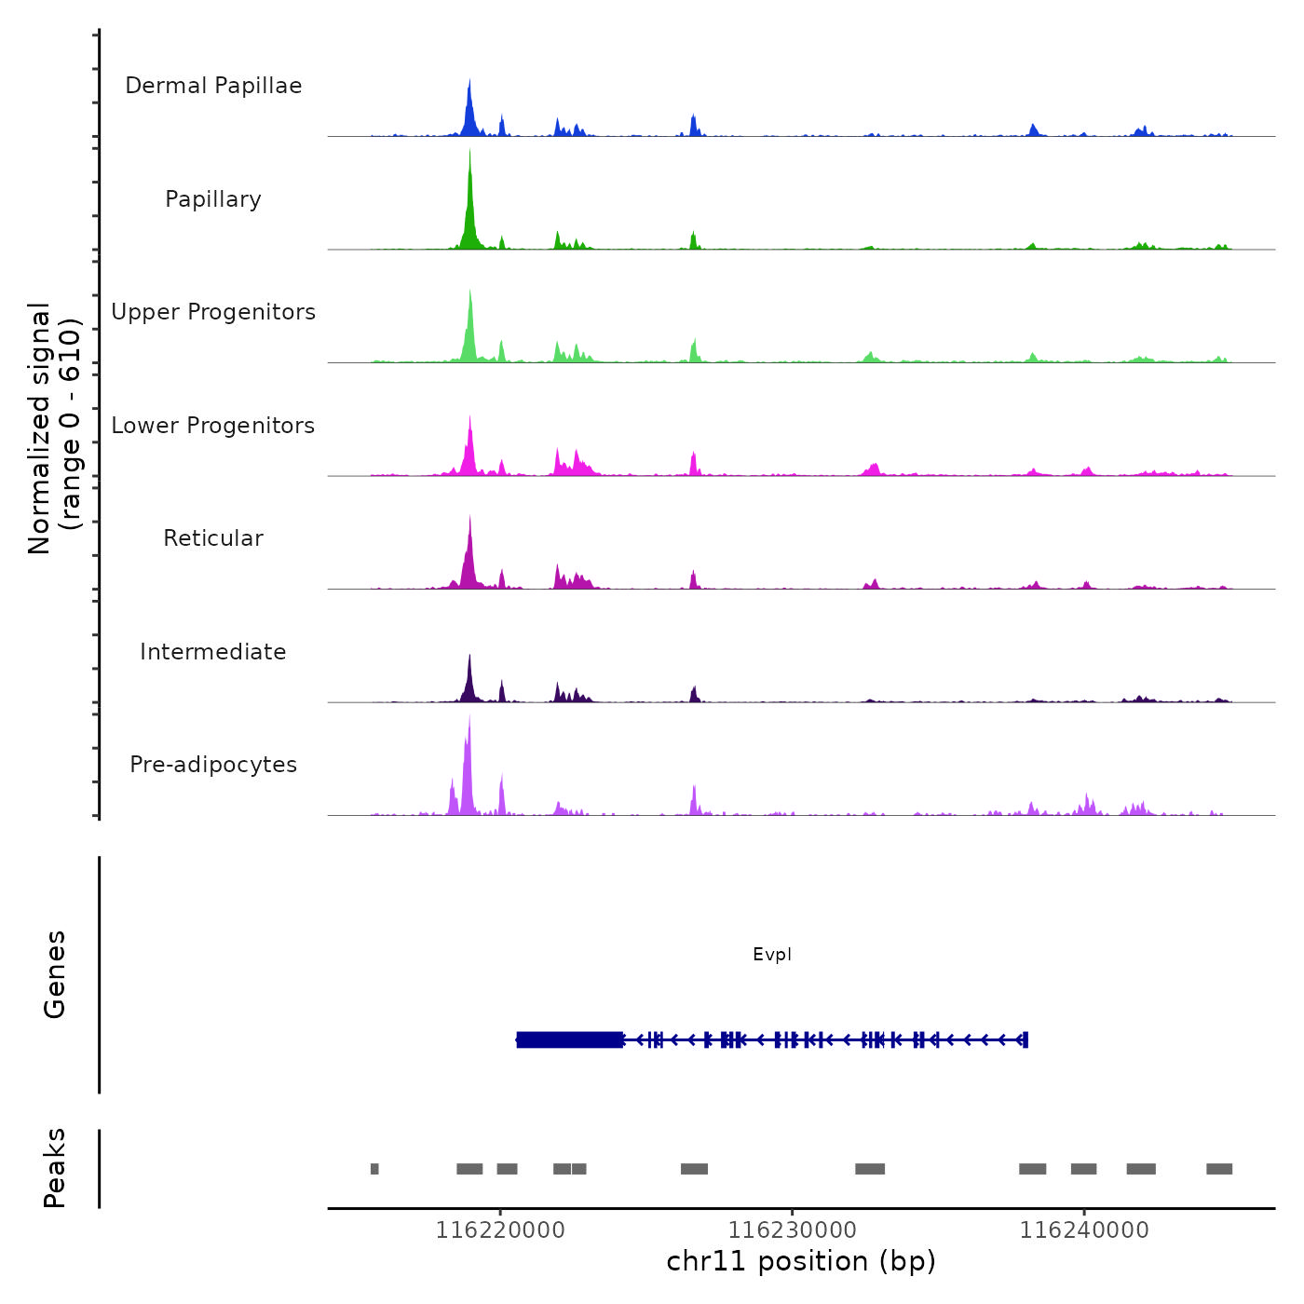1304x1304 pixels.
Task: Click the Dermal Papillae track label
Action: (213, 86)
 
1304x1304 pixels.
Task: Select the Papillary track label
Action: (213, 199)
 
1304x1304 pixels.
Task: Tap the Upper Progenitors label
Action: (213, 312)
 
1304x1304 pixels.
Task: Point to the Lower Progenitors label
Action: (213, 426)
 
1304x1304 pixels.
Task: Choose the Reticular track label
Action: (213, 538)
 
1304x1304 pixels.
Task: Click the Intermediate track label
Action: (213, 652)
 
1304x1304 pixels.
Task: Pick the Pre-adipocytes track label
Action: (213, 765)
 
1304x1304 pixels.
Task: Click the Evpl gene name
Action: (772, 955)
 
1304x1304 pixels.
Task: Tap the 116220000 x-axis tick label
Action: (500, 1230)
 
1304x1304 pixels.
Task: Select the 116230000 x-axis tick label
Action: (792, 1230)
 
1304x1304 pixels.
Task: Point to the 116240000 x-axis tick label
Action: (1084, 1230)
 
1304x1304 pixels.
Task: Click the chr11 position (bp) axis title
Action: (801, 1261)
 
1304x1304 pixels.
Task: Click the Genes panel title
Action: (55, 974)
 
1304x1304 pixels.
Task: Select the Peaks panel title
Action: (55, 1168)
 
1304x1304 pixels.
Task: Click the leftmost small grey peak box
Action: (374, 1169)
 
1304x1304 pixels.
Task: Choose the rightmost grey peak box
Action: (1219, 1169)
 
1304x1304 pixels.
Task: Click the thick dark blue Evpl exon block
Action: (570, 1039)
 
